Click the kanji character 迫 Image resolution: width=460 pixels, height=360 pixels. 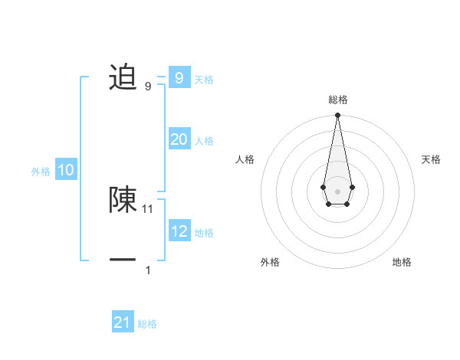123,77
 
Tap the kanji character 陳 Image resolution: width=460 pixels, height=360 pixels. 123,199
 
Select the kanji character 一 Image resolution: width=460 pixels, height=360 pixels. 123,261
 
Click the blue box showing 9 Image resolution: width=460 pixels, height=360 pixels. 179,77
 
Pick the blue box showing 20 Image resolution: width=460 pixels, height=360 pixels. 179,139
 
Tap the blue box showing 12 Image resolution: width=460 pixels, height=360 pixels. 179,231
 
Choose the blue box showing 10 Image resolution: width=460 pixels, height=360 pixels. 66,170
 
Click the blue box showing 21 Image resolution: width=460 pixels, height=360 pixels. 122,322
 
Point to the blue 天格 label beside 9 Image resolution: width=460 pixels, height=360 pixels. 204,80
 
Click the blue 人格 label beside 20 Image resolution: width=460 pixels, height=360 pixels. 204,141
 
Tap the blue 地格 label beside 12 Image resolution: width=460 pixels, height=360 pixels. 204,233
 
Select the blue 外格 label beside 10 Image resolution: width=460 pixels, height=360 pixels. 41,172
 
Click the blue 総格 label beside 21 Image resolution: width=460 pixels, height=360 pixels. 147,324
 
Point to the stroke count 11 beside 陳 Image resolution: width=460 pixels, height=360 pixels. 148,208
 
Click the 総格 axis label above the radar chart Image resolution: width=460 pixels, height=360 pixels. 338,100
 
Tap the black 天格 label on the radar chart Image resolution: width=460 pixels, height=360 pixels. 431,159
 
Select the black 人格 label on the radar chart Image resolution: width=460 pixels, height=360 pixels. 245,159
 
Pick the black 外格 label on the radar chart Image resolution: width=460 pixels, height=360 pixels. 270,262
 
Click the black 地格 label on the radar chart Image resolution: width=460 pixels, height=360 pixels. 402,262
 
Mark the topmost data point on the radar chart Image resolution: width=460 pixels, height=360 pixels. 337,116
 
